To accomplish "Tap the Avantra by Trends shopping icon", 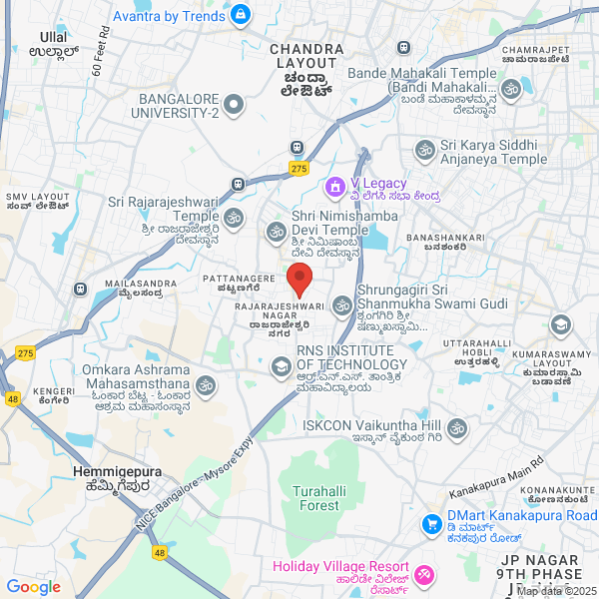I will [241, 16].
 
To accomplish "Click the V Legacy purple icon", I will [334, 185].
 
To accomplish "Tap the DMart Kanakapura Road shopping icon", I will [431, 523].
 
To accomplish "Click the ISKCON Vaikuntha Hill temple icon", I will [457, 428].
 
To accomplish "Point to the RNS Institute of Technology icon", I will [281, 368].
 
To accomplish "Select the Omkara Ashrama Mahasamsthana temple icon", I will [206, 384].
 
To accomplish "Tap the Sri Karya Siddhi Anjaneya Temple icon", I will [423, 151].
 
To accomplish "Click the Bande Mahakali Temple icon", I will [511, 91].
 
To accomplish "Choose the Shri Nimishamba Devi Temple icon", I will [276, 232].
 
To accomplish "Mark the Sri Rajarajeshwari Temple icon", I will [234, 217].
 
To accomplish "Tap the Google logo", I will [33, 586].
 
